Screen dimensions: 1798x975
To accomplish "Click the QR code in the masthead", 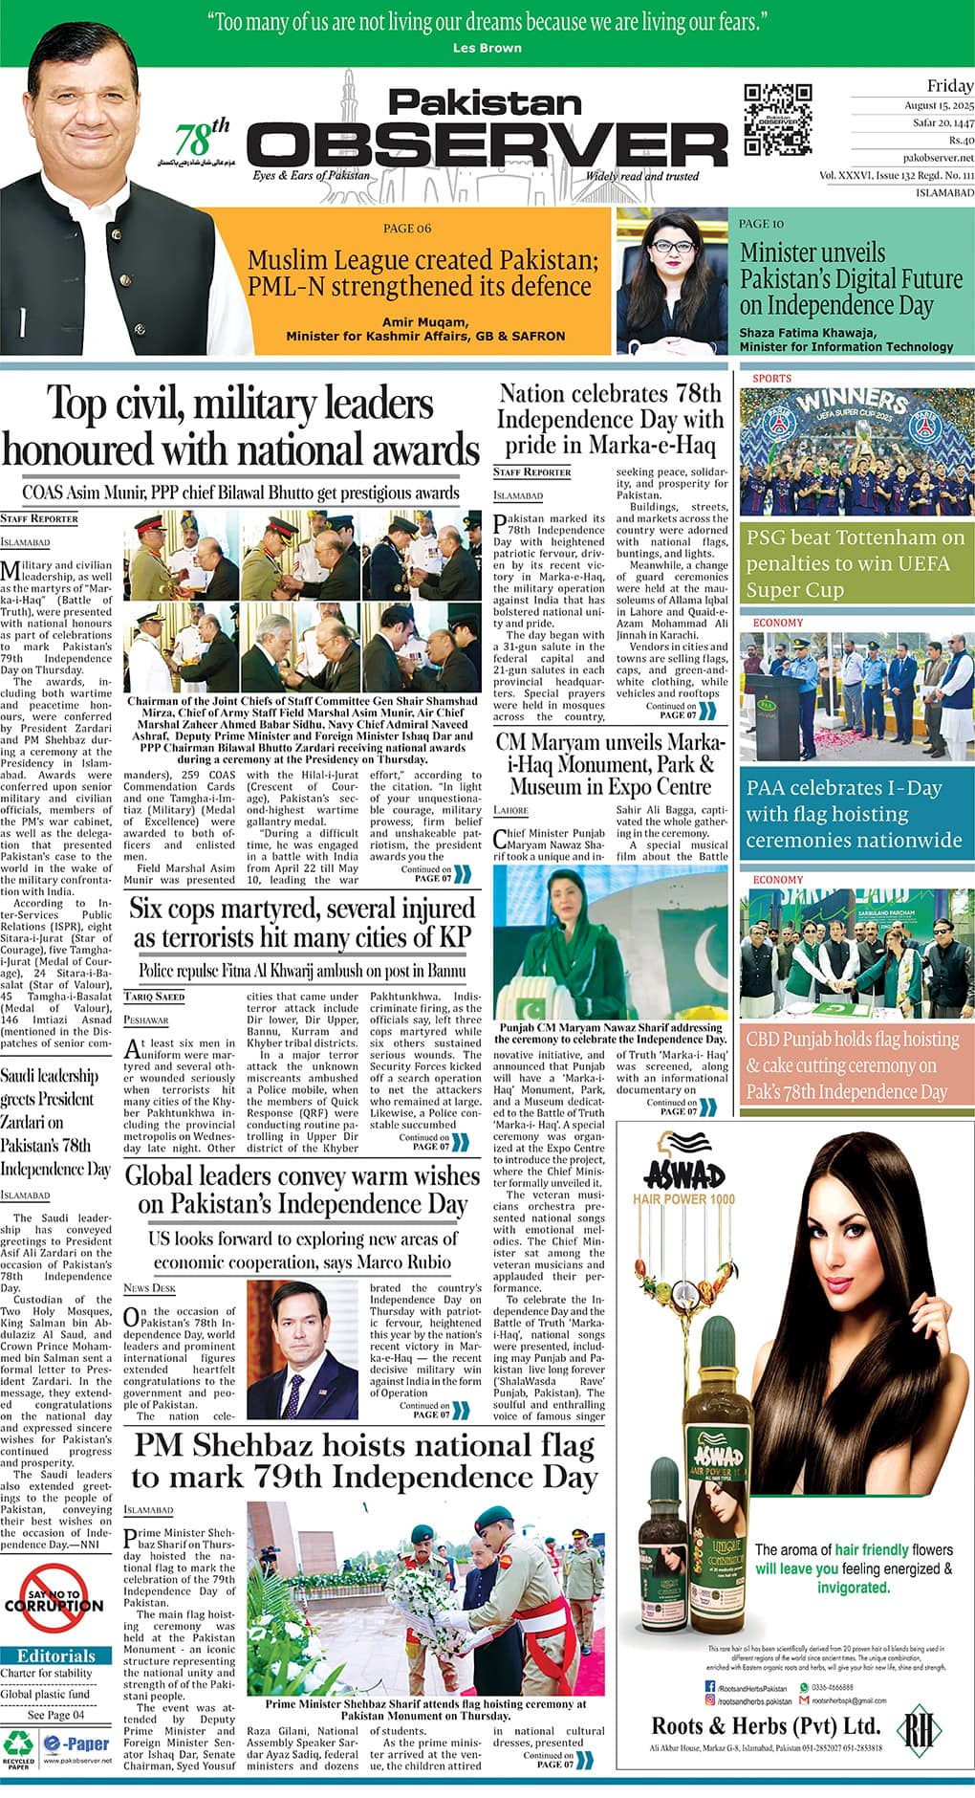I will tap(777, 120).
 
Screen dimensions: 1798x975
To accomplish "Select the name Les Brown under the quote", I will tap(487, 48).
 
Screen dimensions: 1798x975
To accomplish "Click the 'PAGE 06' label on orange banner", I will tap(407, 228).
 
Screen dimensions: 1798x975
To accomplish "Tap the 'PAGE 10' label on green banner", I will tap(761, 224).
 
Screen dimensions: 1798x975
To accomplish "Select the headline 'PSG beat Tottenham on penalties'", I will tap(855, 563).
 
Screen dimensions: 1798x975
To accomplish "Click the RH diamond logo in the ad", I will tap(922, 1726).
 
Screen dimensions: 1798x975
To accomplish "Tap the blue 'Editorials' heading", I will tap(56, 1655).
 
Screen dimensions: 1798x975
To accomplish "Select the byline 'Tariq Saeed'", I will tap(154, 997).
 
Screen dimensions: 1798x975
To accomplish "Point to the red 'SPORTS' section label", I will tap(771, 379).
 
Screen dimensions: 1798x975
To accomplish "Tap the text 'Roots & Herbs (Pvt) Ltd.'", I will tap(766, 1725).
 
